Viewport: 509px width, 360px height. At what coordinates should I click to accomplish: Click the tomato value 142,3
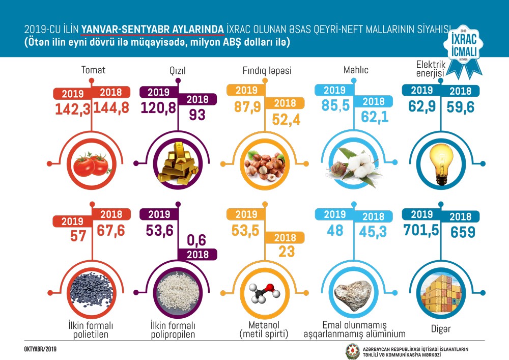[71, 108]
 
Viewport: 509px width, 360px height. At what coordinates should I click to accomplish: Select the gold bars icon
[177, 164]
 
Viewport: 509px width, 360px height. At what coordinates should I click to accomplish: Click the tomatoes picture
[91, 164]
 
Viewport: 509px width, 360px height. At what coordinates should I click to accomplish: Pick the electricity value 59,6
[461, 108]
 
